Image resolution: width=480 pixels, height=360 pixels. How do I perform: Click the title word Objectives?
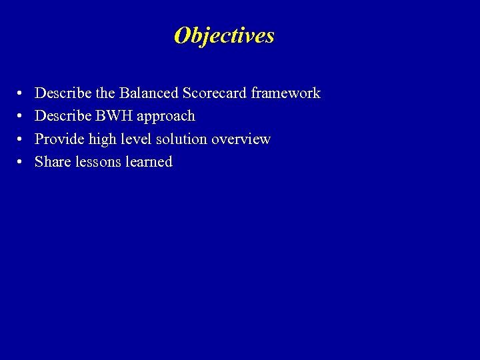click(224, 35)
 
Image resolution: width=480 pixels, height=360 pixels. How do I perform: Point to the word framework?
click(285, 93)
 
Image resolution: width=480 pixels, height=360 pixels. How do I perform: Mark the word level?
click(135, 139)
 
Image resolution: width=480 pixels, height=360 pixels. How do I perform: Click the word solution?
click(181, 139)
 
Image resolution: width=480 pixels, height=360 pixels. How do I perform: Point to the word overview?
click(241, 139)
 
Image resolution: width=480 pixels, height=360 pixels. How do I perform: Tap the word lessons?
click(96, 161)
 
